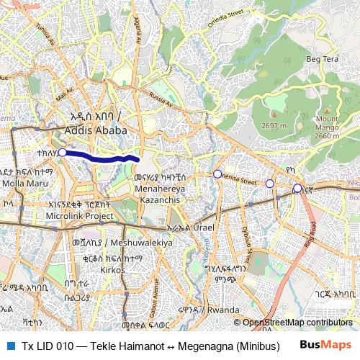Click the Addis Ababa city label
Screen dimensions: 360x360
pos(95,131)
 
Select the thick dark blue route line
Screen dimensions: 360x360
pos(101,156)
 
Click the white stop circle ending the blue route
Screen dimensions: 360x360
pos(62,152)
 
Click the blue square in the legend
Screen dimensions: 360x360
pos(9,344)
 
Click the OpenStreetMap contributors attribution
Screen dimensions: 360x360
pos(297,323)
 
